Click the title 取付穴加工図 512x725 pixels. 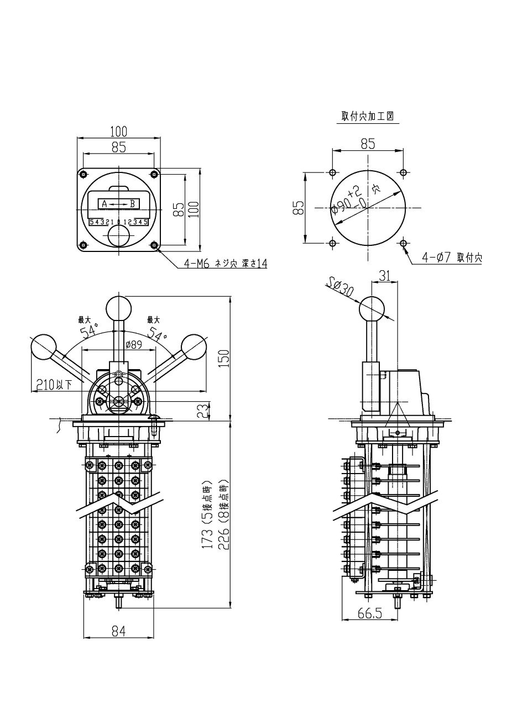click(x=368, y=116)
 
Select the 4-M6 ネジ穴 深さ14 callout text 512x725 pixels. click(x=226, y=264)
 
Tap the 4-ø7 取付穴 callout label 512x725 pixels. click(x=452, y=258)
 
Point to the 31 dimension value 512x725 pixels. click(x=384, y=276)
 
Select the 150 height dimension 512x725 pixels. click(x=224, y=358)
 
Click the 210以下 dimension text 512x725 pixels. click(x=54, y=385)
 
